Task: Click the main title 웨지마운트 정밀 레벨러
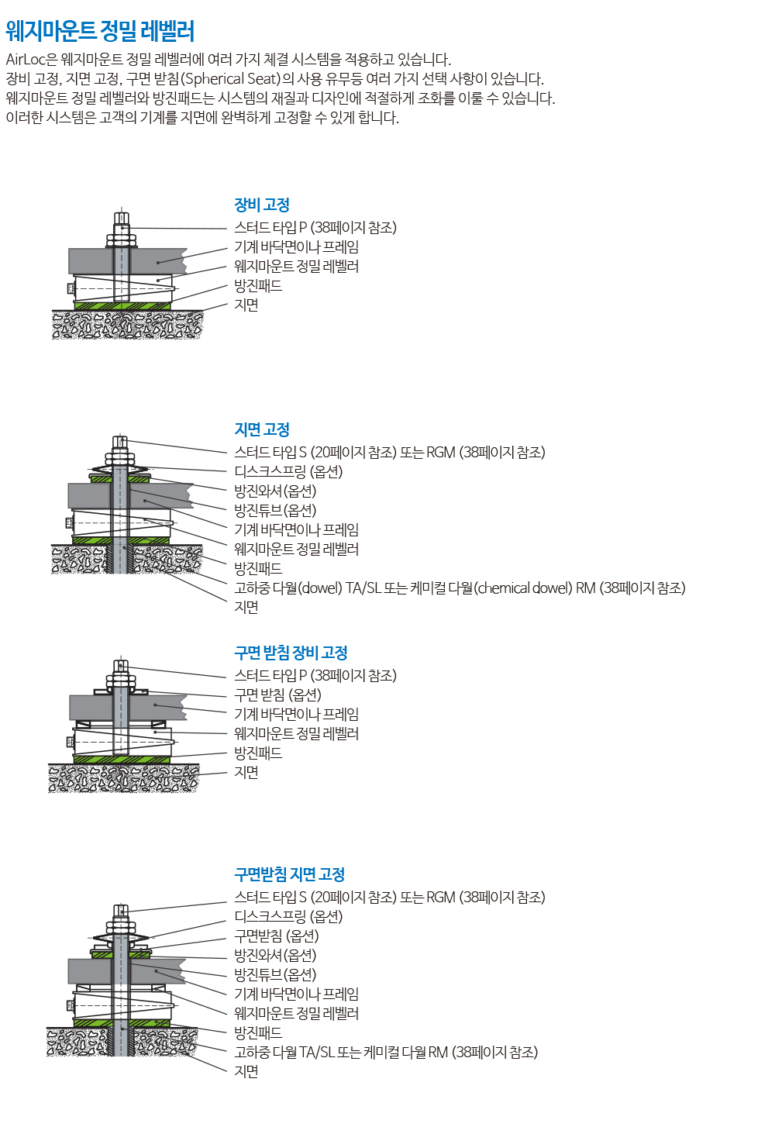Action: (x=99, y=31)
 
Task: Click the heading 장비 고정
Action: (x=261, y=205)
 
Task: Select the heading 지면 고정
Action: (x=261, y=429)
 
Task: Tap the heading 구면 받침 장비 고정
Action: (x=291, y=653)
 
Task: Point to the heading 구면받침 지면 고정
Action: (x=289, y=874)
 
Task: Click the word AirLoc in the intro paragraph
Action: (x=25, y=60)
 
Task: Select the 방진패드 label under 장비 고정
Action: (x=258, y=286)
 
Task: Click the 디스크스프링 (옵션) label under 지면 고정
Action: (x=288, y=471)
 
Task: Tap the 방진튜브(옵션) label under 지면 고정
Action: (x=275, y=510)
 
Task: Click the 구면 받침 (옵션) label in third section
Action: (x=277, y=694)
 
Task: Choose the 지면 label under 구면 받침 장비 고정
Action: (x=246, y=772)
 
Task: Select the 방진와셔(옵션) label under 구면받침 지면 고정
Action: (x=275, y=955)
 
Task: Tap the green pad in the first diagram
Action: (x=122, y=305)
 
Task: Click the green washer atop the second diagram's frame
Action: (x=119, y=478)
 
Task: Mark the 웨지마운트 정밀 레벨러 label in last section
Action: (x=296, y=1013)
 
